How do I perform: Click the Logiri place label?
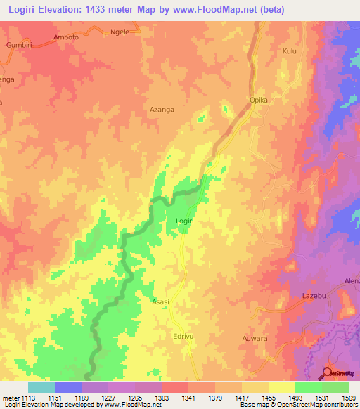(184, 221)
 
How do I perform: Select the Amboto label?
(67, 37)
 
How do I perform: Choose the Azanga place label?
(162, 110)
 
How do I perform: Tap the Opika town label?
(259, 100)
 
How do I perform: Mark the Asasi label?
(160, 301)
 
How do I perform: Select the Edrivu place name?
(184, 337)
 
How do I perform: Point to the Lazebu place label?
(314, 297)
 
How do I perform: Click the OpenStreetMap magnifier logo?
(328, 372)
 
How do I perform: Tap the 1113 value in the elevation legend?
(28, 398)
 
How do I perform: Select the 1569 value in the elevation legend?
(348, 398)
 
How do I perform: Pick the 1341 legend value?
(188, 398)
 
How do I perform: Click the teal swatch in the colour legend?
(41, 387)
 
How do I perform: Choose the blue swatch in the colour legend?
(68, 387)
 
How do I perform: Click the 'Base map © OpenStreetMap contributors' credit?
(297, 405)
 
